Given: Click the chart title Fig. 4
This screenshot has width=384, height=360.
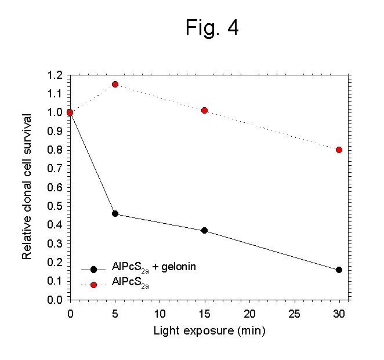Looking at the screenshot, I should (212, 27).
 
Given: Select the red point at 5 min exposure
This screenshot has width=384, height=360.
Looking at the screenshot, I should (115, 84).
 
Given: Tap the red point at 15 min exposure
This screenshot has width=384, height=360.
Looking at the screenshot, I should (204, 110).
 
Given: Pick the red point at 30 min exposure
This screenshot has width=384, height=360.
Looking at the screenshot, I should (339, 150).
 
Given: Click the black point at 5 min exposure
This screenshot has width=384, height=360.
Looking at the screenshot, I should (115, 214).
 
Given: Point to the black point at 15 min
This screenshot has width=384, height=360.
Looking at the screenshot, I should (204, 230).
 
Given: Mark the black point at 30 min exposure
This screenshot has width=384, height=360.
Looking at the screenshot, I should (339, 270).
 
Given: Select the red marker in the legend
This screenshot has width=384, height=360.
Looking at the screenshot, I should (93, 285).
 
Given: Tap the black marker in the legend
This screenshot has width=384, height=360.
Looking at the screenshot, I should (93, 269).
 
